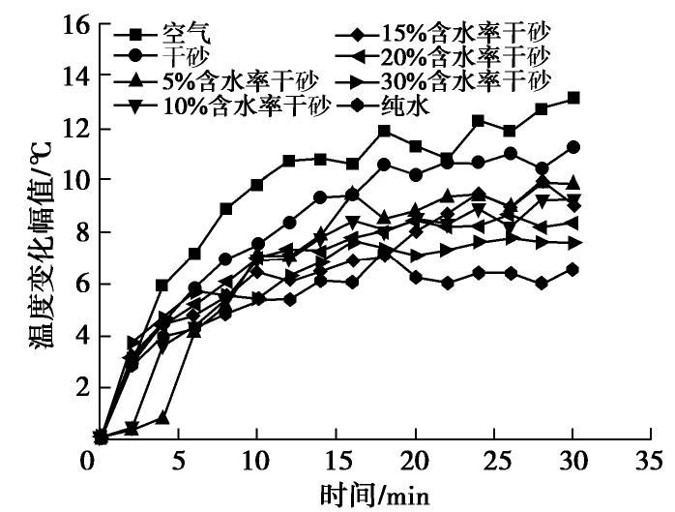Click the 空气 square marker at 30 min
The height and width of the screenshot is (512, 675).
[573, 98]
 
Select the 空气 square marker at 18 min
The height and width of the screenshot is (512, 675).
[384, 130]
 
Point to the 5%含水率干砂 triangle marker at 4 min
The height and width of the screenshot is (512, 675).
[162, 418]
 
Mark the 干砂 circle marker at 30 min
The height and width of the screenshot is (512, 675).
[573, 147]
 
